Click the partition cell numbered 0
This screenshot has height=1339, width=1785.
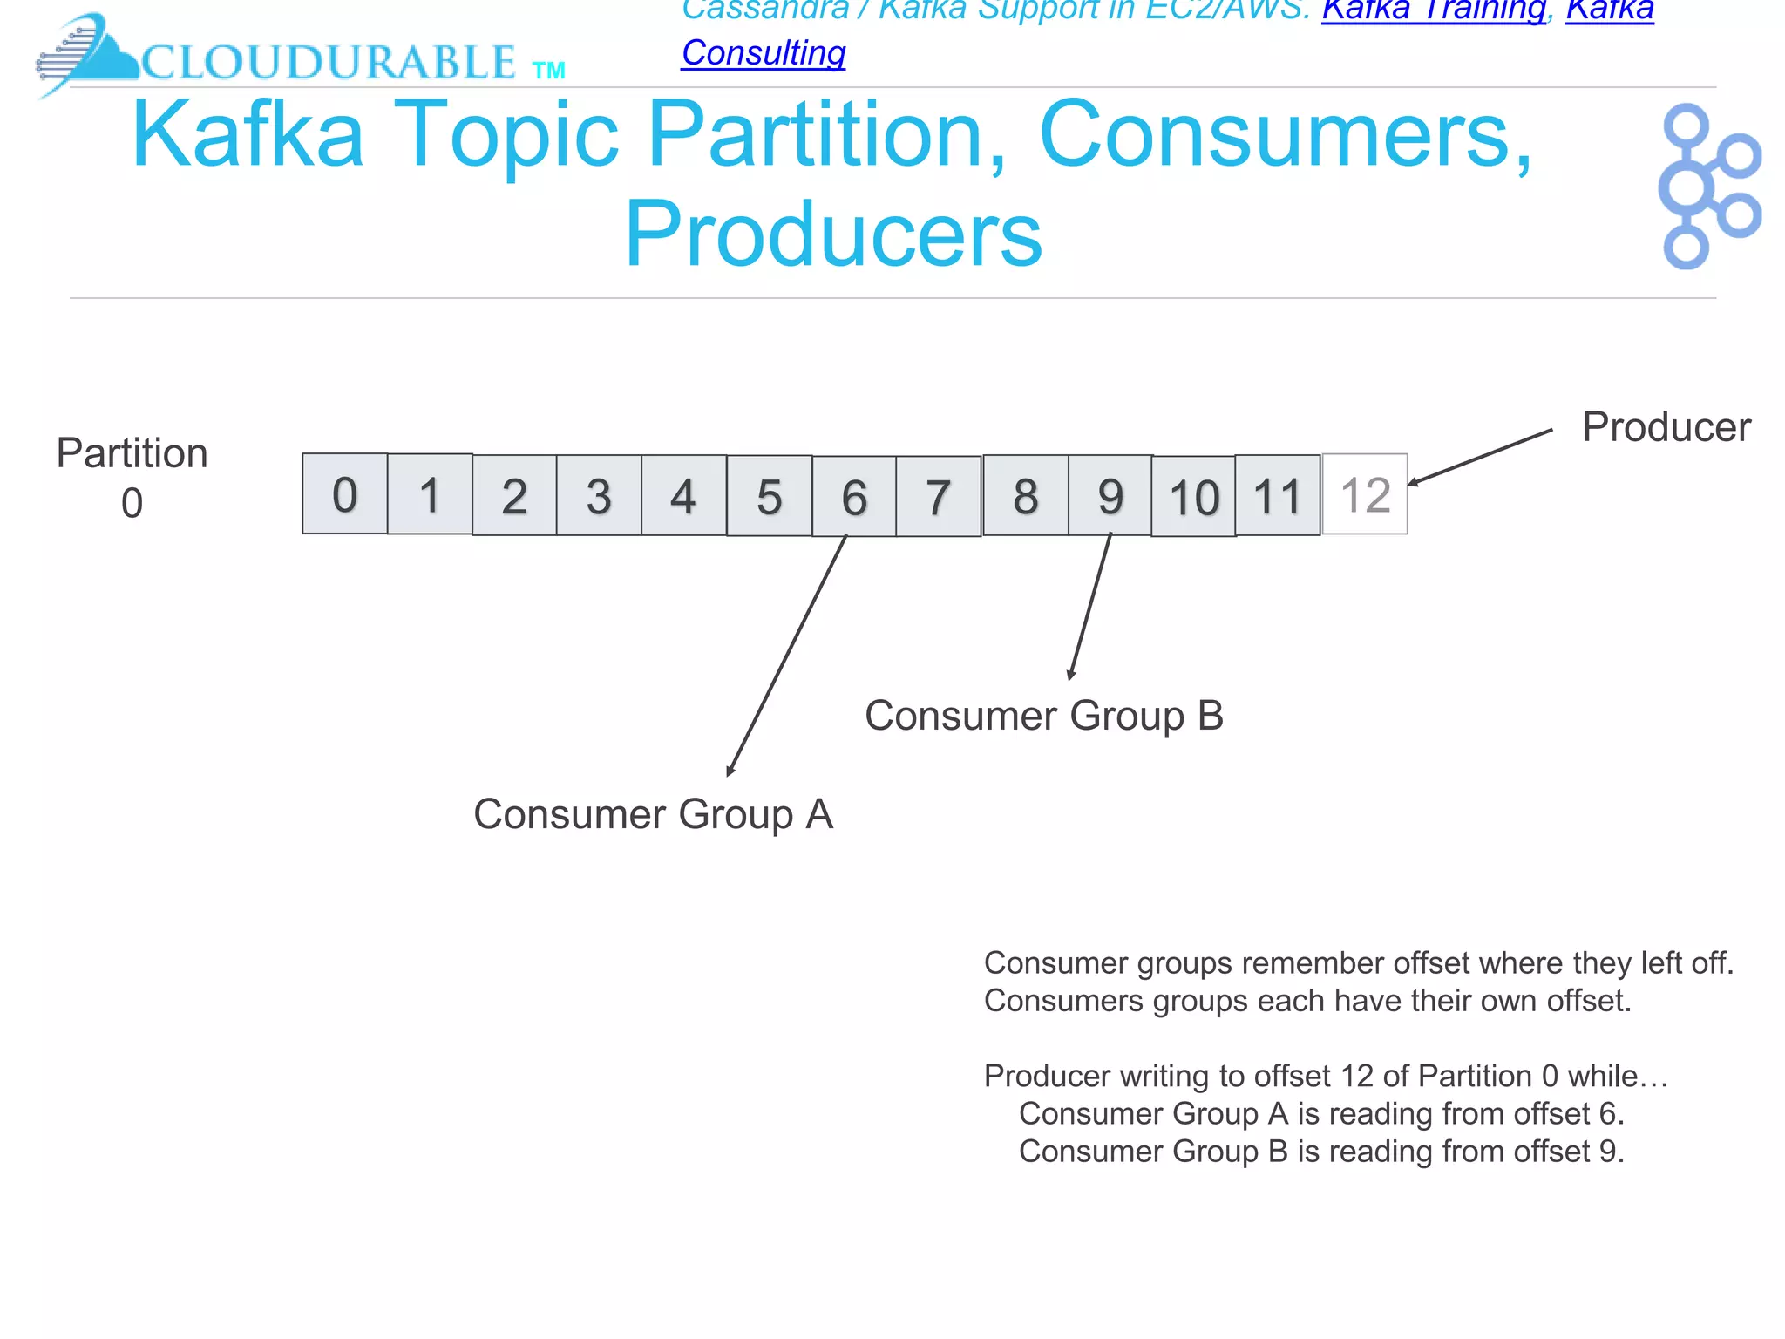pyautogui.click(x=345, y=494)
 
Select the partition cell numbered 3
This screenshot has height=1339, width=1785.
pyautogui.click(x=599, y=496)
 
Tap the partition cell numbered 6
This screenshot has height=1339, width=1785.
pyautogui.click(x=854, y=497)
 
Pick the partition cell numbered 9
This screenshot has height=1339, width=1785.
pyautogui.click(x=1110, y=495)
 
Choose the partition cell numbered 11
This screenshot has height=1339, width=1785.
pyautogui.click(x=1278, y=496)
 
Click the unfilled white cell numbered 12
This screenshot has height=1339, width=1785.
pyautogui.click(x=1365, y=494)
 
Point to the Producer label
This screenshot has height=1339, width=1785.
pyautogui.click(x=1666, y=427)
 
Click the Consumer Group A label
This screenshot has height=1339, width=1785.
pyautogui.click(x=653, y=814)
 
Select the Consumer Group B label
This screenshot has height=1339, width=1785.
pyautogui.click(x=1044, y=716)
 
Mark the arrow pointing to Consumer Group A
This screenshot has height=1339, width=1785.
pyautogui.click(x=787, y=655)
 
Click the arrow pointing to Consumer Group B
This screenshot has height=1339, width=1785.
pyautogui.click(x=1090, y=607)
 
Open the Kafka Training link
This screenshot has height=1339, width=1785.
pyautogui.click(x=1434, y=10)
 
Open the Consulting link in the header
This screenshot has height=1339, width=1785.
pyautogui.click(x=764, y=53)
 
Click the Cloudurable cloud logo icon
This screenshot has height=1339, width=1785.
pyautogui.click(x=87, y=54)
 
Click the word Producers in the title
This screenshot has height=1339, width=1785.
pyautogui.click(x=833, y=234)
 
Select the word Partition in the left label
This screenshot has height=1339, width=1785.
pyautogui.click(x=132, y=453)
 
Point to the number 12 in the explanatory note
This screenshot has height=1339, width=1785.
pyautogui.click(x=1357, y=1076)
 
